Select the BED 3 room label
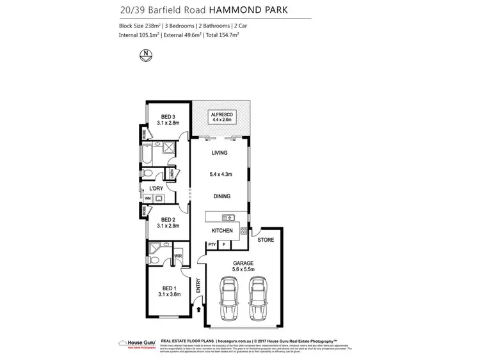[x=168, y=116]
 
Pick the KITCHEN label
[x=222, y=230]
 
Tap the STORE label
[x=265, y=240]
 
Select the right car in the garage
[x=257, y=299]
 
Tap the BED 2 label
[x=168, y=219]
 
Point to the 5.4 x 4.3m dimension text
[x=221, y=174]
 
